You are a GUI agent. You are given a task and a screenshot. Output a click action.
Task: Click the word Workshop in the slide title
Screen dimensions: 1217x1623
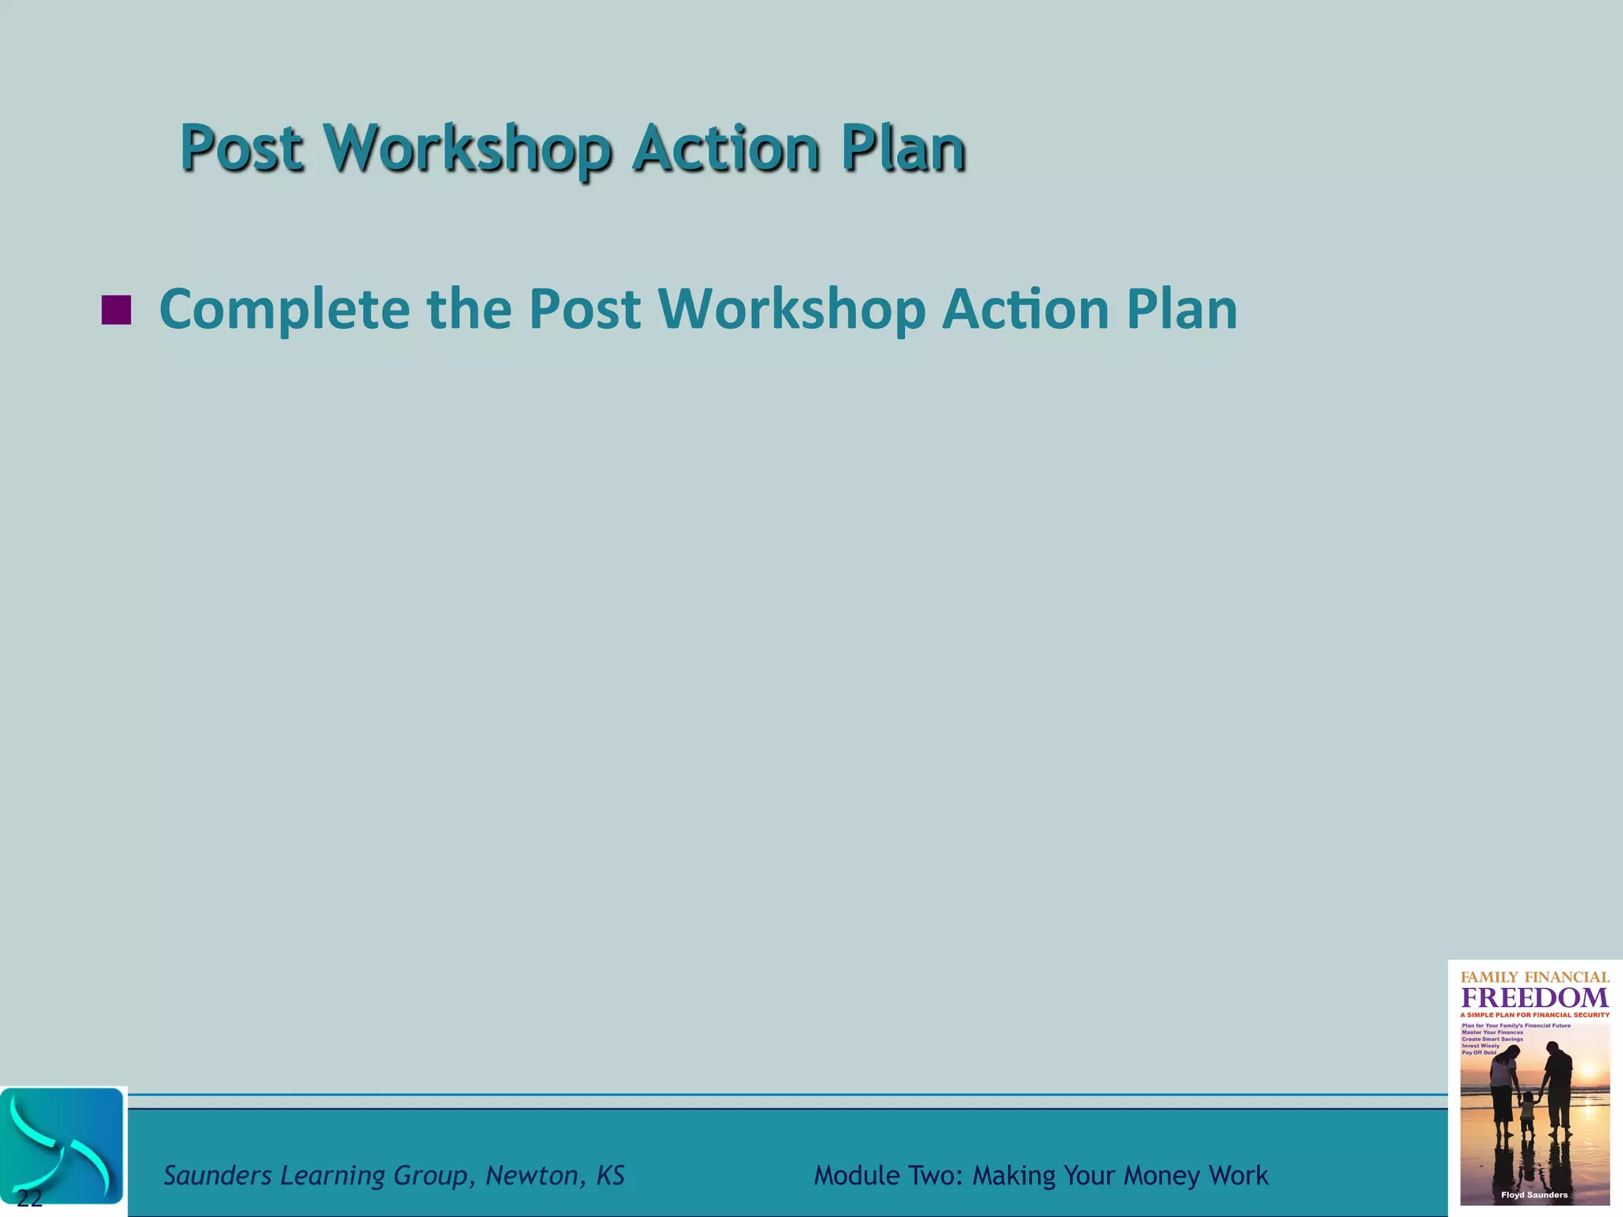coord(468,148)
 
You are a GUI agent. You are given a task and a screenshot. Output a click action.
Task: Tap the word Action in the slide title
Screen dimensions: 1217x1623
coord(725,148)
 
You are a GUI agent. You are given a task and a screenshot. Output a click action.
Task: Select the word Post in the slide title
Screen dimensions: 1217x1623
coord(242,148)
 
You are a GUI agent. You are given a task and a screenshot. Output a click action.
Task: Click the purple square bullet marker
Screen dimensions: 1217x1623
coord(116,310)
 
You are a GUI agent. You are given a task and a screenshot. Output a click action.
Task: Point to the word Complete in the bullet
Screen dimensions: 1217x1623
coord(285,309)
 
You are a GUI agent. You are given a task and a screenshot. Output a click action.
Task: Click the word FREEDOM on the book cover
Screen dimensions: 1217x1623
coord(1535,998)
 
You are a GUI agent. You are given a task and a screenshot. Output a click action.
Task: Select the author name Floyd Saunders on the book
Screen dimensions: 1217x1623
coord(1534,1195)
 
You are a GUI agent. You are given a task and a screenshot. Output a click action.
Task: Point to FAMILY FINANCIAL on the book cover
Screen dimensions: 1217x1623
coord(1535,978)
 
